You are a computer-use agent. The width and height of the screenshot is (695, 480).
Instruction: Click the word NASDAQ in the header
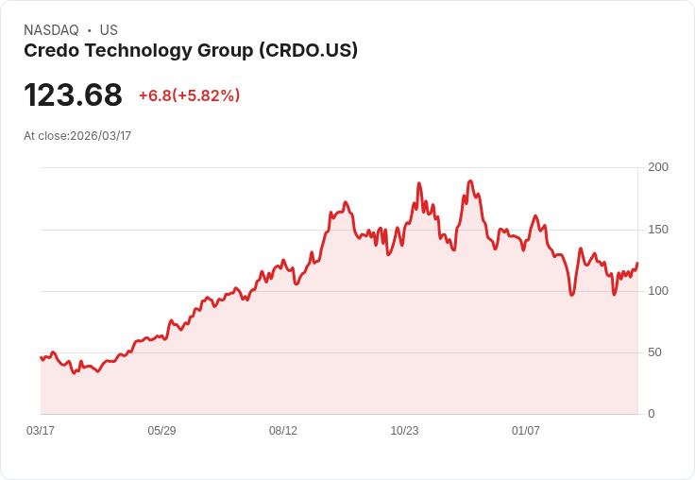pos(51,30)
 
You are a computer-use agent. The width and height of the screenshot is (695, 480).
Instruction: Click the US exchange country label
pos(109,30)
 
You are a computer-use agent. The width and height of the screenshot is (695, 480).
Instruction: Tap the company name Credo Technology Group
pos(138,51)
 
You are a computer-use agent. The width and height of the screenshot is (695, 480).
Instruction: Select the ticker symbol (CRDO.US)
pos(308,51)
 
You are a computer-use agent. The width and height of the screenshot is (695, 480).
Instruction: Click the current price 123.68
pos(73,95)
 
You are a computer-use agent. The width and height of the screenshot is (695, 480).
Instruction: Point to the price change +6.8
pos(155,95)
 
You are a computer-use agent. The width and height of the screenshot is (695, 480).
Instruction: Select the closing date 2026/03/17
pos(101,136)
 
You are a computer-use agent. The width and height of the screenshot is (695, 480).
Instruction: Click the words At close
pos(45,136)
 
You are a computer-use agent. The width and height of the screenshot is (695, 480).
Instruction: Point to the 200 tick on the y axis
pos(658,167)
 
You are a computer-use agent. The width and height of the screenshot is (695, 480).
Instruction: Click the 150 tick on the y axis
pos(658,230)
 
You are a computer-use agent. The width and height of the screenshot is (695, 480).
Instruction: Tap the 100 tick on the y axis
pos(658,291)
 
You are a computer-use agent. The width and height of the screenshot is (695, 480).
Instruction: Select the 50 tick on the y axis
pos(654,352)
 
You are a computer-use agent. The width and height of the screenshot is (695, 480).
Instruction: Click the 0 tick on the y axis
pos(652,414)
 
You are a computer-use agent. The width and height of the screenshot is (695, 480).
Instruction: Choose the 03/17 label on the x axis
pos(41,431)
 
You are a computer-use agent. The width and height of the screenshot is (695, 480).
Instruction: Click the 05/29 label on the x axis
pos(161,431)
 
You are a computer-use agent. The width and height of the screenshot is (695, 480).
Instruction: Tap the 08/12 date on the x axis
pos(283,431)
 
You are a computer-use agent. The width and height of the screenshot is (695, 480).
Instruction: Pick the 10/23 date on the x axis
pos(404,431)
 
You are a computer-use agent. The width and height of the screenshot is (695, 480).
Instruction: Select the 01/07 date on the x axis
pos(526,431)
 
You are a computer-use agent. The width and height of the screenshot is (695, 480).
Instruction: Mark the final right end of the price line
pos(637,264)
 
